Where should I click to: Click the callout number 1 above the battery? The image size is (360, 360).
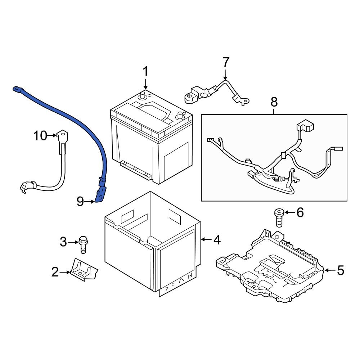(x=145, y=71)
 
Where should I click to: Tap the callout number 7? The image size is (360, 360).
(x=226, y=62)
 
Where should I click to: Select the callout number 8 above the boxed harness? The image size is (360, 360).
(x=274, y=102)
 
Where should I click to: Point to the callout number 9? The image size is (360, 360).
(x=81, y=202)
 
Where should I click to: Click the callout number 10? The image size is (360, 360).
(x=40, y=136)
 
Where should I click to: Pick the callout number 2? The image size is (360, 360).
(x=55, y=272)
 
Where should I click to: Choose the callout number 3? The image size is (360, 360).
(x=63, y=242)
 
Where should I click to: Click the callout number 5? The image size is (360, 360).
(x=340, y=270)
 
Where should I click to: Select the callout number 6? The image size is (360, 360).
(x=300, y=213)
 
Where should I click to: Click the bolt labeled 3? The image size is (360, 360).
(x=83, y=243)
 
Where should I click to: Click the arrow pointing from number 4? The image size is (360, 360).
(x=205, y=239)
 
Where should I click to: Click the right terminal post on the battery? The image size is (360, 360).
(x=180, y=116)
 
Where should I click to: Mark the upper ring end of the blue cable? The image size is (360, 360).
(x=17, y=89)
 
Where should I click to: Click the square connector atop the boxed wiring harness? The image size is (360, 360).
(x=305, y=127)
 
